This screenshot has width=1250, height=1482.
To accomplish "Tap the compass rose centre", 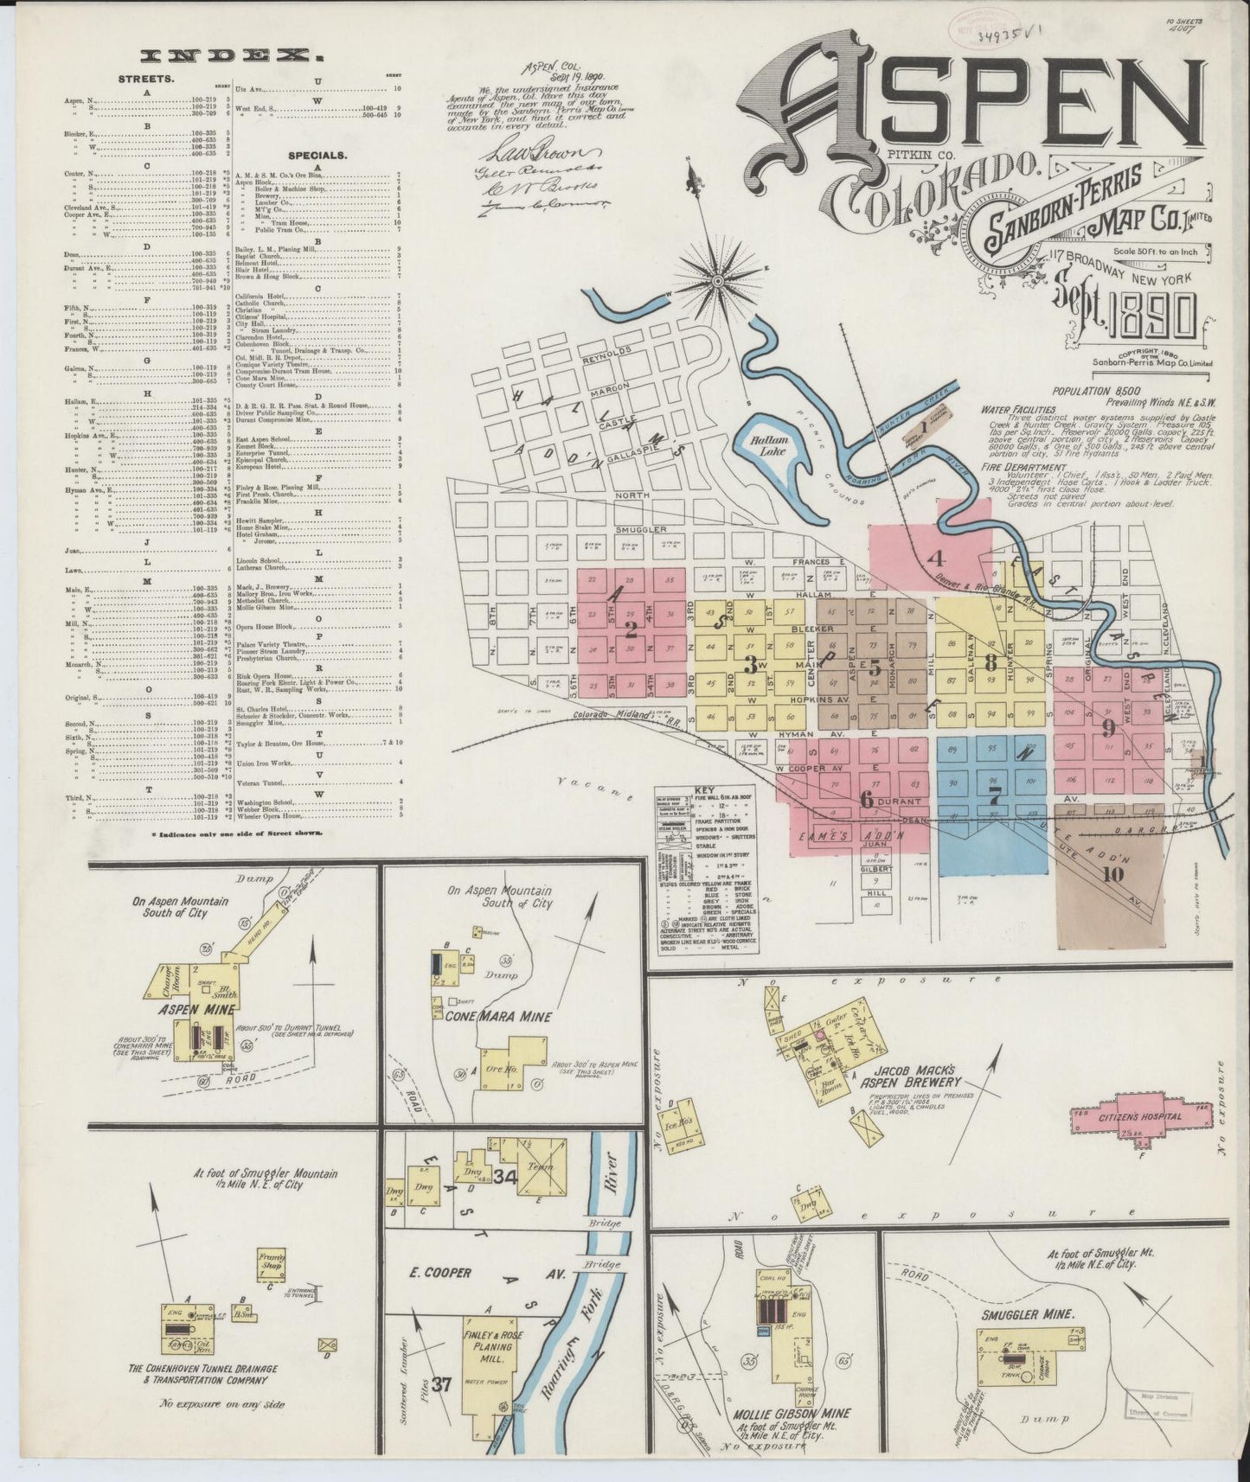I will pos(718,279).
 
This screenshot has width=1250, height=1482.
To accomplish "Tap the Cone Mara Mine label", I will pos(488,1017).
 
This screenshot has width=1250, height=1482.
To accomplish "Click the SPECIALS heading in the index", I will pos(317,157).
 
